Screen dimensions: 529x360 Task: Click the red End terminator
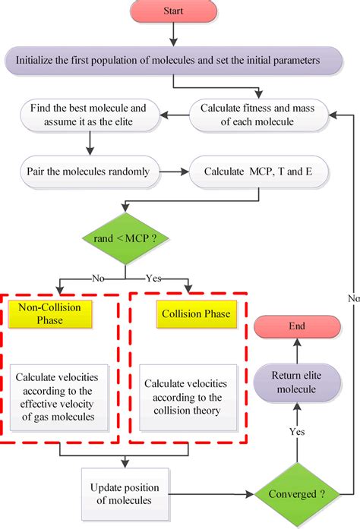point(296,326)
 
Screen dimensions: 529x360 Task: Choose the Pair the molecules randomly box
point(90,171)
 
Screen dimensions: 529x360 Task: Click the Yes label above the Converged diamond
point(297,432)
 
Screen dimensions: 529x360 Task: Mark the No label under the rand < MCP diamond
point(97,278)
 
